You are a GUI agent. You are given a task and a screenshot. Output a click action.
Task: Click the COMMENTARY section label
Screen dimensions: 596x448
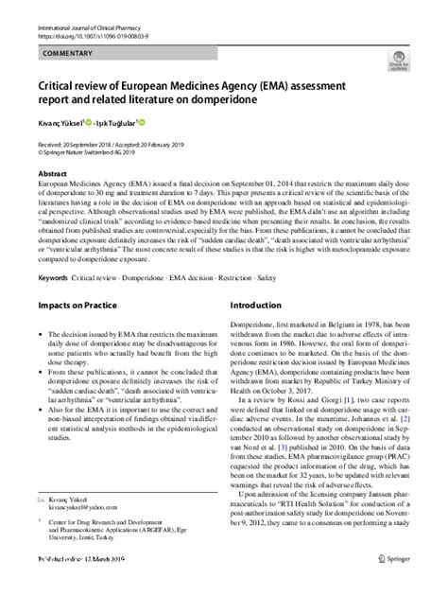coord(67,54)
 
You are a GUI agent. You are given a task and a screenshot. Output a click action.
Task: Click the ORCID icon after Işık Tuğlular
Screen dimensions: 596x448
coord(143,121)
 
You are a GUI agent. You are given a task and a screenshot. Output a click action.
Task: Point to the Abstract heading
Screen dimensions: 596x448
coord(52,174)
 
